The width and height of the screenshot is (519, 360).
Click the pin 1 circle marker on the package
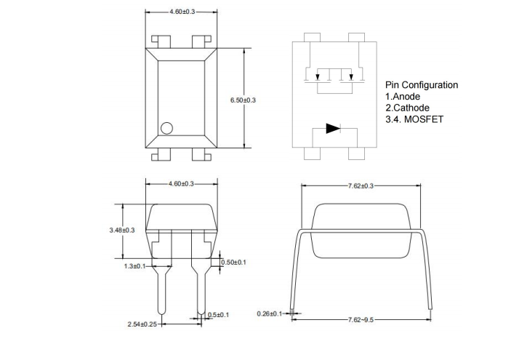(x=166, y=128)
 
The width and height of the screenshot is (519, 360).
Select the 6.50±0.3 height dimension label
(x=243, y=100)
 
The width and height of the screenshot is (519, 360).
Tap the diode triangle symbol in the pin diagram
(x=333, y=129)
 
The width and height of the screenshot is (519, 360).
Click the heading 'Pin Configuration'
(x=422, y=85)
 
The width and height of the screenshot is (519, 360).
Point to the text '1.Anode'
(x=403, y=97)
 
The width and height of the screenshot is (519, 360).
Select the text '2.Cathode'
(x=407, y=108)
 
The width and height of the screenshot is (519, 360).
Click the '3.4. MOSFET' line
(x=414, y=120)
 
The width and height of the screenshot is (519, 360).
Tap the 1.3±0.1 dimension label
(x=135, y=266)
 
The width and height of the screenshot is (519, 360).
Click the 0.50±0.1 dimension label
(x=234, y=262)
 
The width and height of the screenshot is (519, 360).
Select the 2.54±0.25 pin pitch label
(x=140, y=323)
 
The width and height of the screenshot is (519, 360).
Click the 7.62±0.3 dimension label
(x=360, y=186)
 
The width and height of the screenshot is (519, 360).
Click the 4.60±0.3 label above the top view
(x=181, y=12)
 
